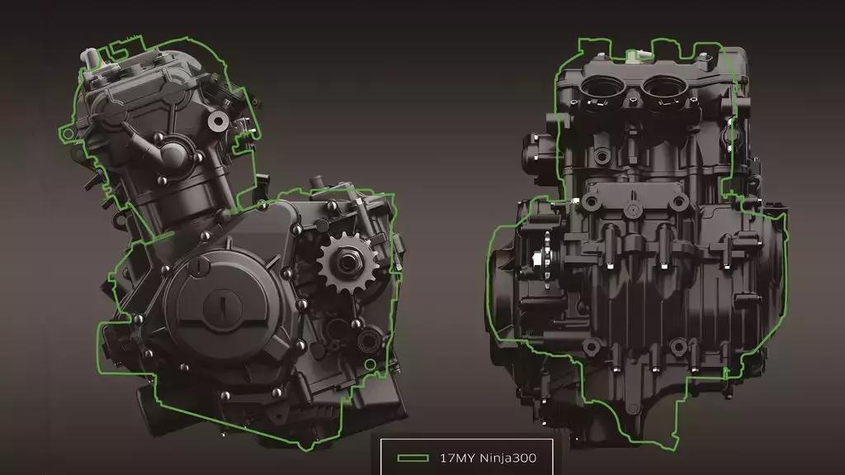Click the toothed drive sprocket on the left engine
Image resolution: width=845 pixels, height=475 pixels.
(345, 263)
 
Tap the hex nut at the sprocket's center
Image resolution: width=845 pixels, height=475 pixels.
(346, 263)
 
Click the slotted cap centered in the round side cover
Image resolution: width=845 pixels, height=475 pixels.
(221, 306)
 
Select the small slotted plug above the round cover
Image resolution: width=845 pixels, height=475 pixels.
(200, 266)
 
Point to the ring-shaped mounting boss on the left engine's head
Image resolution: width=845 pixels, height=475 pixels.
(218, 121)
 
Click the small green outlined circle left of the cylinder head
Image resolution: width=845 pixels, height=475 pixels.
(67, 133)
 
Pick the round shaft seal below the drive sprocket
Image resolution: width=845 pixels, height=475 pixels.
(369, 340)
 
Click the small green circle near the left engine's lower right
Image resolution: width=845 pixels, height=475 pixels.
(370, 365)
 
